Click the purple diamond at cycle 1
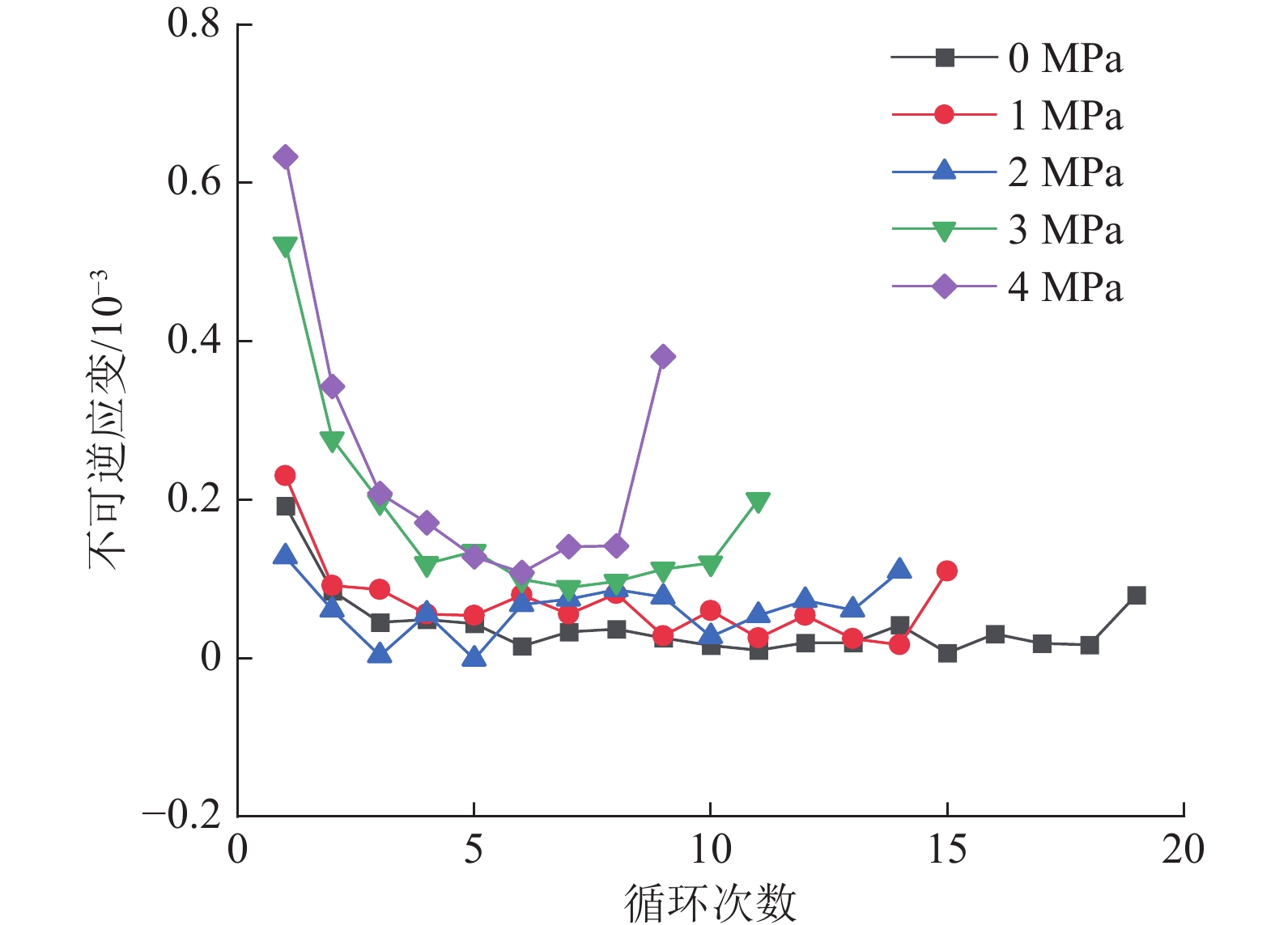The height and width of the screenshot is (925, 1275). coord(285,157)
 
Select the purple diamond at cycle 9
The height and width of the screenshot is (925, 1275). coord(663,356)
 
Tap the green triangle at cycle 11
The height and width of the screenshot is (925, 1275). coord(758,502)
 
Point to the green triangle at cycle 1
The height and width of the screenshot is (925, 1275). coord(285,246)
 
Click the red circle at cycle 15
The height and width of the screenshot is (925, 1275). coord(946,571)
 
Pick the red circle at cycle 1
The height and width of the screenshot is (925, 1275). coord(285,475)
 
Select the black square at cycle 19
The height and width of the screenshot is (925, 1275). coord(1136,596)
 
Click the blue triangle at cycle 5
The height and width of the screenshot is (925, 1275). coord(474,657)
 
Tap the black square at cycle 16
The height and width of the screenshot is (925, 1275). coord(995,634)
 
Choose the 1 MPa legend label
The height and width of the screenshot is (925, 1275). coord(1065,116)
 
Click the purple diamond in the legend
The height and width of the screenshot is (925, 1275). coord(944,286)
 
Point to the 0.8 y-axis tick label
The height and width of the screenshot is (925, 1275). coord(193,24)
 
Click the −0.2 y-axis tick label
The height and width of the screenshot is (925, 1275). coord(182,815)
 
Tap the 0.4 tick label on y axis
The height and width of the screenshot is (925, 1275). coord(193,341)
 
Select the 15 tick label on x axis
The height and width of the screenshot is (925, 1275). coord(946,850)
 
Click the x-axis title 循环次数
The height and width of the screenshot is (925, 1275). coord(710,903)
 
